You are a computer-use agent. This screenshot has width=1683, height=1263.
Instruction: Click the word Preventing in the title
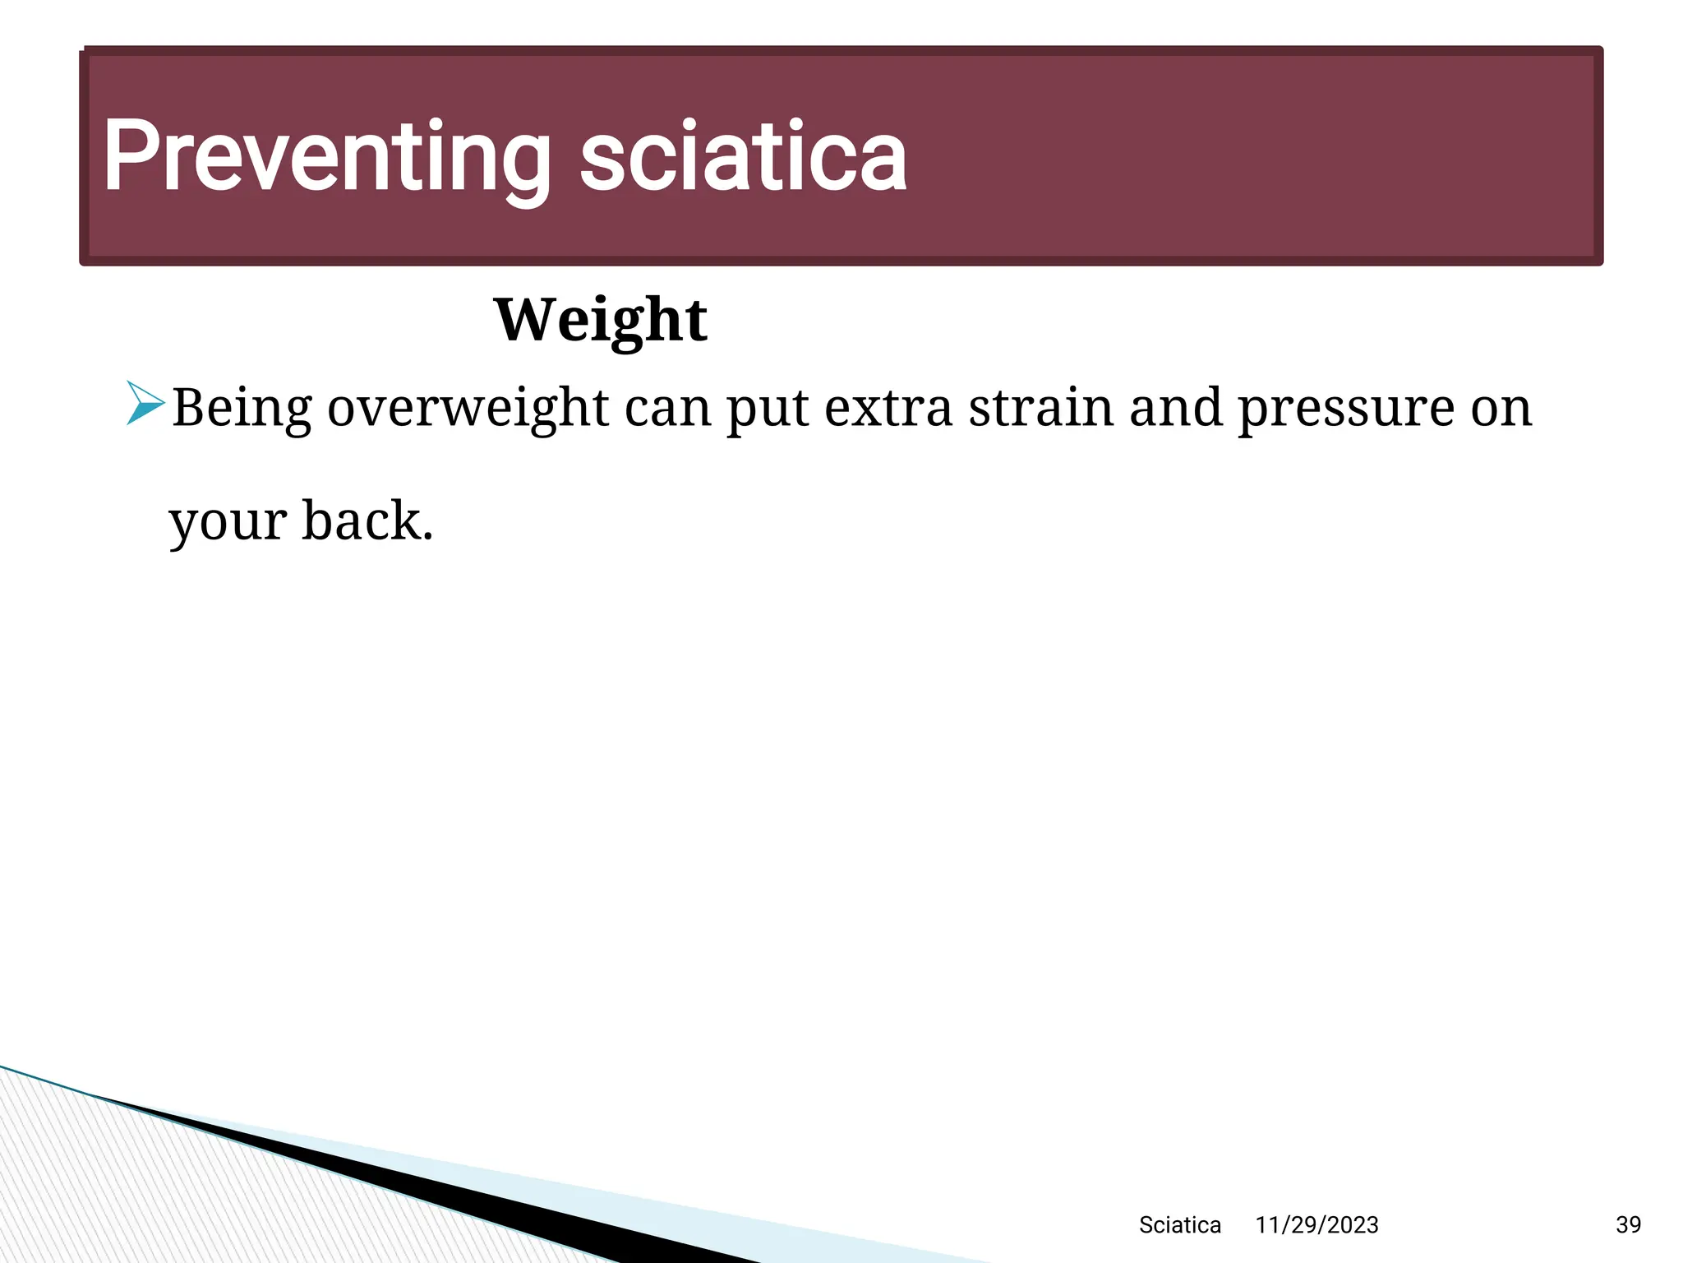(x=327, y=156)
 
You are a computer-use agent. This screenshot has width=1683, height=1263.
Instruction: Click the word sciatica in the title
(x=743, y=156)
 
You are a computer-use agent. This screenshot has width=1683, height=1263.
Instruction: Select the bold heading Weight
(x=600, y=321)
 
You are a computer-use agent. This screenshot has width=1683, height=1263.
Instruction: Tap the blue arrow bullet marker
(x=145, y=404)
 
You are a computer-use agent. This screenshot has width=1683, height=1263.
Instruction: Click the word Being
(x=242, y=409)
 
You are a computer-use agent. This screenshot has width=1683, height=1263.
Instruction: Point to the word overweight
(x=468, y=409)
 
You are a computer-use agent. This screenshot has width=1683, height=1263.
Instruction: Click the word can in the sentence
(x=667, y=409)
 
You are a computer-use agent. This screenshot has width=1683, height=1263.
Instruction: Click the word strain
(x=1040, y=407)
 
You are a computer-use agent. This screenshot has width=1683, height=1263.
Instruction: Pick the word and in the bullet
(x=1176, y=407)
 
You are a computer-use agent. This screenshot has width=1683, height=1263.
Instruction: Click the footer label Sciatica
(x=1179, y=1225)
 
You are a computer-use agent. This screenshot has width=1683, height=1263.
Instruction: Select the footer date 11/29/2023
(x=1316, y=1225)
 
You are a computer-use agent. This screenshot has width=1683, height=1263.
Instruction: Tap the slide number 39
(x=1628, y=1225)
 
